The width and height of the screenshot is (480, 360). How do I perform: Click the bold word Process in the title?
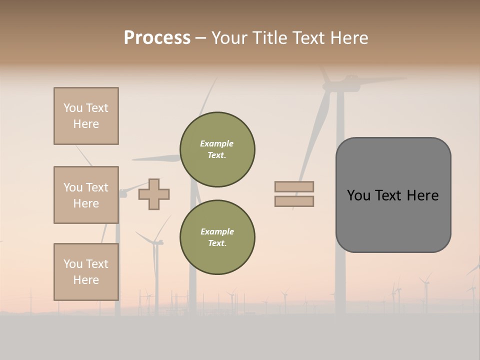pyautogui.click(x=157, y=38)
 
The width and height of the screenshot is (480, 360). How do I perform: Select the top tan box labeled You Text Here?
pyautogui.click(x=86, y=116)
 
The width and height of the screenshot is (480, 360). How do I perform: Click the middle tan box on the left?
pyautogui.click(x=86, y=195)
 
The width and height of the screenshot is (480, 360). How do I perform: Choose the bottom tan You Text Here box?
pyautogui.click(x=86, y=272)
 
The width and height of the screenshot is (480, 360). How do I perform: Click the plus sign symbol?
pyautogui.click(x=154, y=194)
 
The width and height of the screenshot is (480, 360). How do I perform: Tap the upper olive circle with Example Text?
pyautogui.click(x=217, y=149)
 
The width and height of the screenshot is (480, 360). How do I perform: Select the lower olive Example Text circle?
pyautogui.click(x=217, y=237)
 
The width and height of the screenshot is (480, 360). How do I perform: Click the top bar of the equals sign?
pyautogui.click(x=294, y=186)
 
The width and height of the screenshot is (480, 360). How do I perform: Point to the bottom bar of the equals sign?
pyautogui.click(x=294, y=201)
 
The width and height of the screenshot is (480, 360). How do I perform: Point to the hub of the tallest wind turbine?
pyautogui.click(x=340, y=86)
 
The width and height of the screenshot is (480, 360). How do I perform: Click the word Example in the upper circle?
pyautogui.click(x=217, y=144)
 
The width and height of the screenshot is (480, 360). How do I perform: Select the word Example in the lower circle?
pyautogui.click(x=217, y=232)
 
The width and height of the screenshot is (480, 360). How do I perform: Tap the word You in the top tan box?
pyautogui.click(x=72, y=108)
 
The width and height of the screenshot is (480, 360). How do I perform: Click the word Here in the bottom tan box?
pyautogui.click(x=86, y=280)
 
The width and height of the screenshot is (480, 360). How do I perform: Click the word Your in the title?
pyautogui.click(x=229, y=38)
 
